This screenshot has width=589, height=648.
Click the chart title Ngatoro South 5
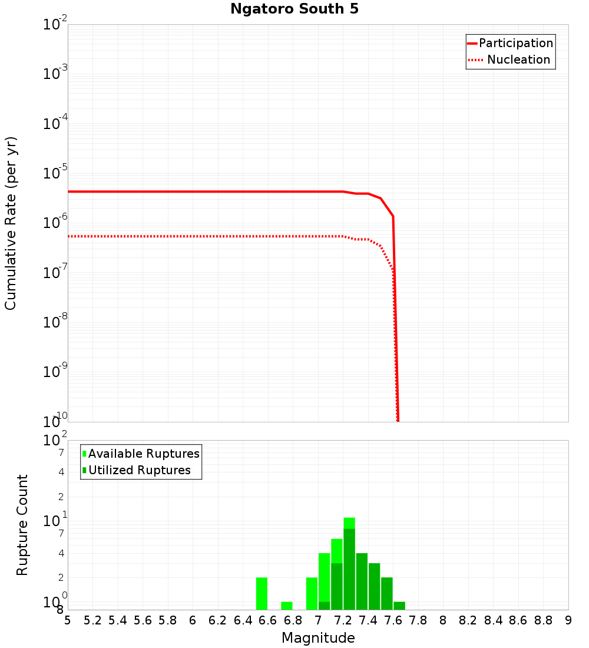(294, 9)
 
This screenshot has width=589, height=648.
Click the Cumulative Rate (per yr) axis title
(11, 223)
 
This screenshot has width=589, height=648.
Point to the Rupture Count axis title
(22, 525)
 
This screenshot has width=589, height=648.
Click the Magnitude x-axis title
(318, 638)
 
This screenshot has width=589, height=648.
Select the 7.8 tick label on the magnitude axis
(418, 620)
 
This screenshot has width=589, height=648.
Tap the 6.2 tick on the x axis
(218, 620)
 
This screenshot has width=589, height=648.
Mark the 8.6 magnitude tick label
(518, 620)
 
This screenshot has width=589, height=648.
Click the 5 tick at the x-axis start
(68, 620)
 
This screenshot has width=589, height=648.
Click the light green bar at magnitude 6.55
(262, 593)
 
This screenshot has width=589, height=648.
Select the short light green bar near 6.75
(287, 606)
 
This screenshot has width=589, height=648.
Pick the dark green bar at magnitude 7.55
(387, 593)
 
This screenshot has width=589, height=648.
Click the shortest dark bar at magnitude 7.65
(399, 606)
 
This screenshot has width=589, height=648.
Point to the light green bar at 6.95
(312, 593)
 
